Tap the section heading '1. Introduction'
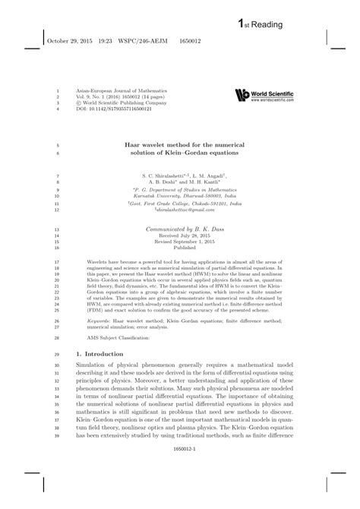(x=103, y=354)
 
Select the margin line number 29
(x=58, y=355)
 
